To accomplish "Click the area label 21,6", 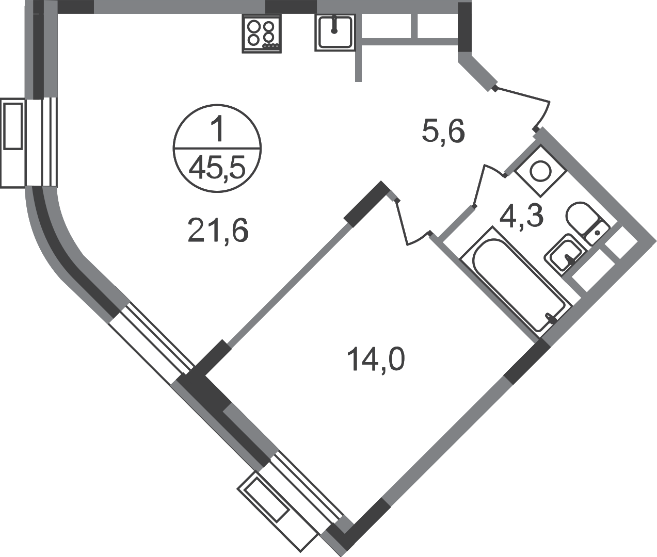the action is click(217, 232).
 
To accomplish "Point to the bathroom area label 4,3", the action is click(520, 216).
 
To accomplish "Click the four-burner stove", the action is click(262, 34).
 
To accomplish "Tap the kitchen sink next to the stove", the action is click(335, 32).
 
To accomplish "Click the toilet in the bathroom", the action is click(586, 222).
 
